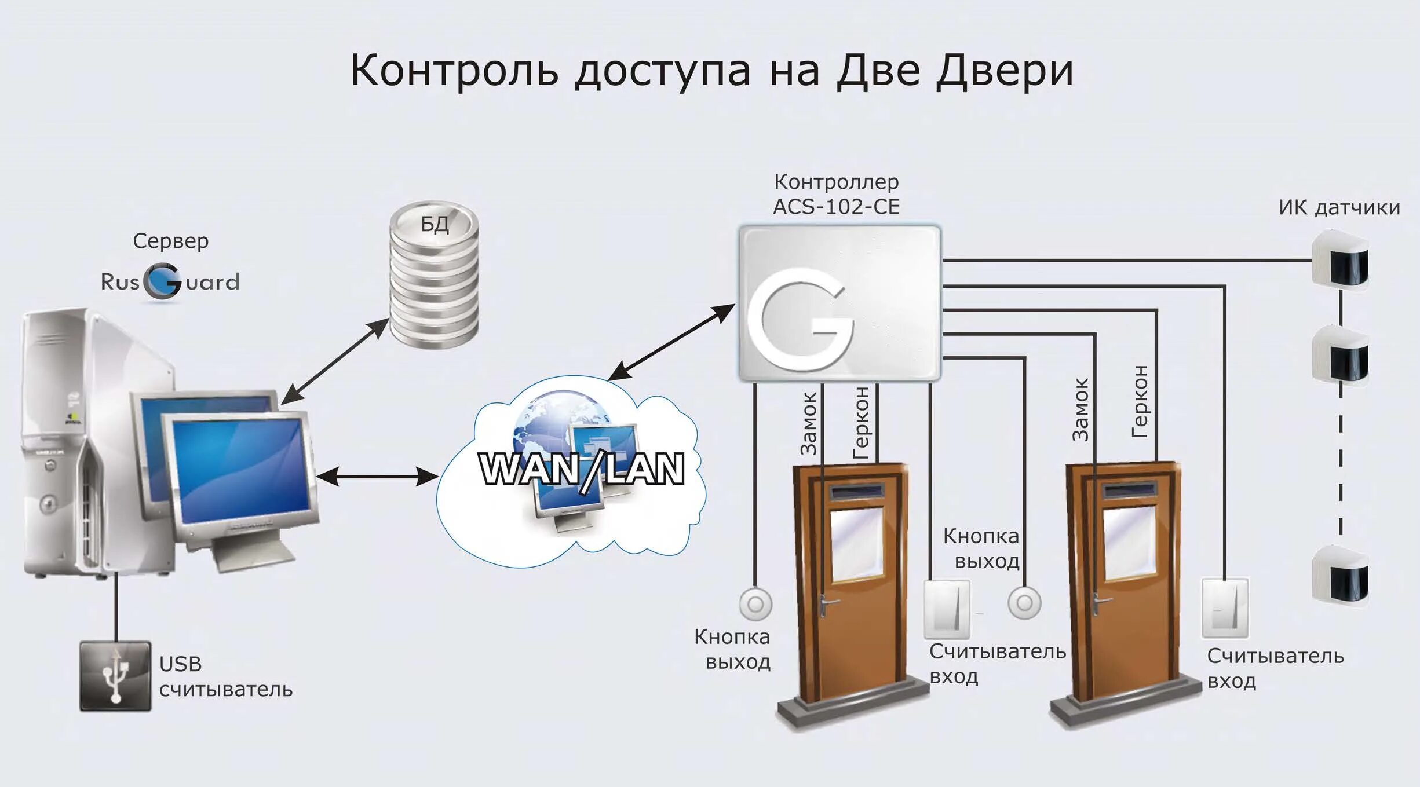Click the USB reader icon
(x=115, y=676)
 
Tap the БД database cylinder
(x=434, y=274)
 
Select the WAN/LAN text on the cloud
(x=582, y=469)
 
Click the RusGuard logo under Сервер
(x=170, y=282)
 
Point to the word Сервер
(x=170, y=241)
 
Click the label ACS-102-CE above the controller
(x=836, y=207)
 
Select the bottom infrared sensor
(x=1340, y=577)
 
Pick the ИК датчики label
(x=1339, y=207)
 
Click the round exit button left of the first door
(x=755, y=604)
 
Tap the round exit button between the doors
(x=1024, y=603)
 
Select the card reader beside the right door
(x=1225, y=607)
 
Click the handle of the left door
(x=827, y=604)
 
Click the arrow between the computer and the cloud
(x=377, y=477)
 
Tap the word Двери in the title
(x=1004, y=71)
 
